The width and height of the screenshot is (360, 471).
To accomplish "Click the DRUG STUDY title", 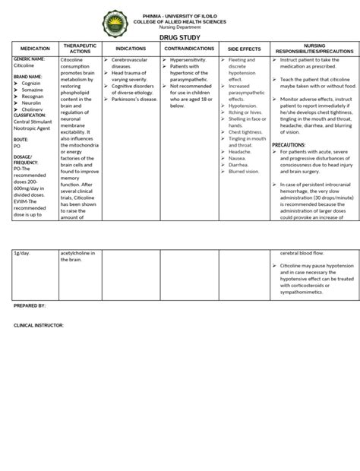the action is coord(179,36).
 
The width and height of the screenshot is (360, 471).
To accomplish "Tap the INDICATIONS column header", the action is coord(130,48).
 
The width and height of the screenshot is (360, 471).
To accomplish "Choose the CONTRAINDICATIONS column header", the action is coord(189,48).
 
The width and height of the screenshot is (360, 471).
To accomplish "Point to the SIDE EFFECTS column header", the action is coord(245,48).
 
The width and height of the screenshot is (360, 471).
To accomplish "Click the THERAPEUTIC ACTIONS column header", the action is coord(79,48).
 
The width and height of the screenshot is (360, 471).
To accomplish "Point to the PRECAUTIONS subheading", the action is coord(288,144).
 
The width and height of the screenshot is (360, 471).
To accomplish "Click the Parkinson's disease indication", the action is coord(133,98).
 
